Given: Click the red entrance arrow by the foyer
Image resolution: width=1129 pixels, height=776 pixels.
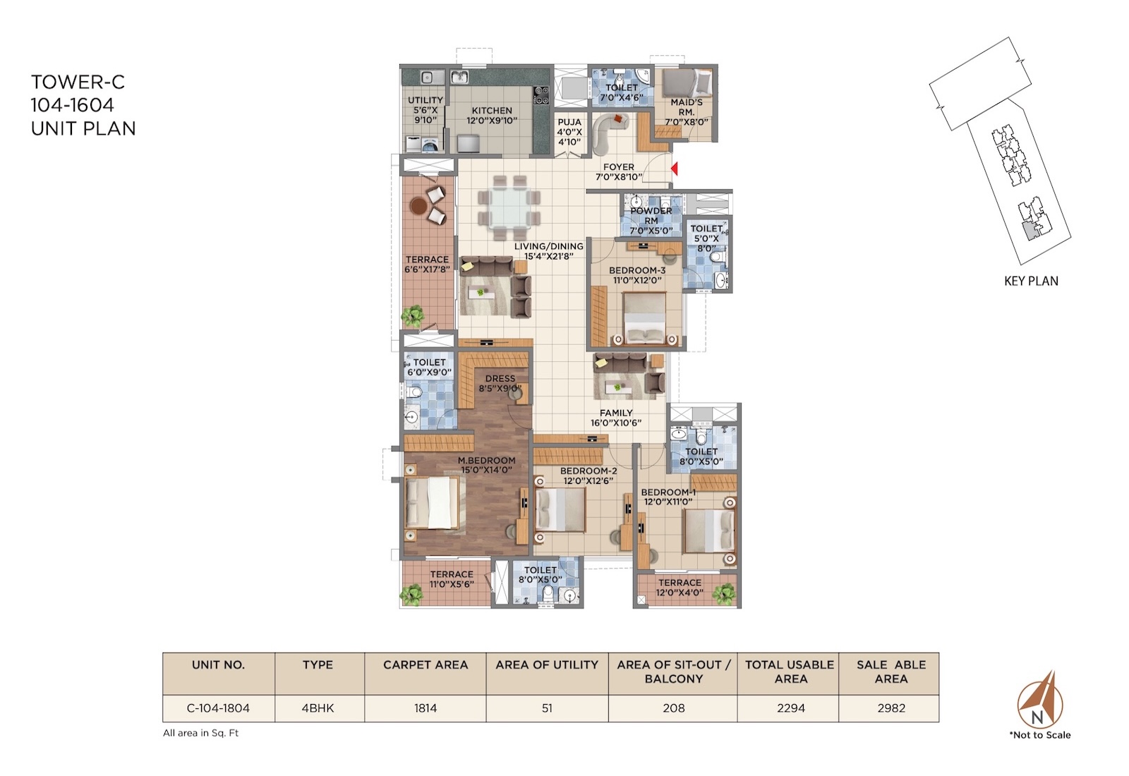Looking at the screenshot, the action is pyautogui.click(x=675, y=169).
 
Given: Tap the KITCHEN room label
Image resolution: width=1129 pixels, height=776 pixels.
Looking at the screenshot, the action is pyautogui.click(x=492, y=110).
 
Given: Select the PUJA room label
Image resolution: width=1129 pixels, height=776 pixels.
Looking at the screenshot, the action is pyautogui.click(x=569, y=122).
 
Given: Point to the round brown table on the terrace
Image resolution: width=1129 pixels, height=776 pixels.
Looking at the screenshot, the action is pyautogui.click(x=418, y=205).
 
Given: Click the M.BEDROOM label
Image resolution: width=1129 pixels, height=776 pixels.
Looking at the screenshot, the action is pyautogui.click(x=486, y=460).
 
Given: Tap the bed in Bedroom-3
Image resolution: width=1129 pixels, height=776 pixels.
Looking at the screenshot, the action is pyautogui.click(x=644, y=318).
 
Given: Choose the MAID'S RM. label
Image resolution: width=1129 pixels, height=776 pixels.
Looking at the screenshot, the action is pyautogui.click(x=687, y=107).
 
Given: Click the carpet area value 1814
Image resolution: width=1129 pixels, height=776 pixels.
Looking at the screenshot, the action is pyautogui.click(x=425, y=708).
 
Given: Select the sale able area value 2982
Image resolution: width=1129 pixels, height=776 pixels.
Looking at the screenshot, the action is pyautogui.click(x=891, y=708).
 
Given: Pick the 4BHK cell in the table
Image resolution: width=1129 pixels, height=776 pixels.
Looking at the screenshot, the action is pyautogui.click(x=318, y=708).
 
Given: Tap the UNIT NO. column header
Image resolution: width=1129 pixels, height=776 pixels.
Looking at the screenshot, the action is pyautogui.click(x=218, y=665).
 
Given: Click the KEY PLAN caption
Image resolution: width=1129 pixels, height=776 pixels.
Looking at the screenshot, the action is pyautogui.click(x=1031, y=281).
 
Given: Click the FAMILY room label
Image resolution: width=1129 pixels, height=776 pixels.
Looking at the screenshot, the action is pyautogui.click(x=616, y=413).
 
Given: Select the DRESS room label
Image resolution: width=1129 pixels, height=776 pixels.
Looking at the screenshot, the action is pyautogui.click(x=500, y=378).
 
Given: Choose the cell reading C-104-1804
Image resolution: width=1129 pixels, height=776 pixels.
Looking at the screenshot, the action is pyautogui.click(x=218, y=708).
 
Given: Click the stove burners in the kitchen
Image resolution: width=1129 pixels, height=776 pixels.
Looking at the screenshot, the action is pyautogui.click(x=541, y=95).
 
